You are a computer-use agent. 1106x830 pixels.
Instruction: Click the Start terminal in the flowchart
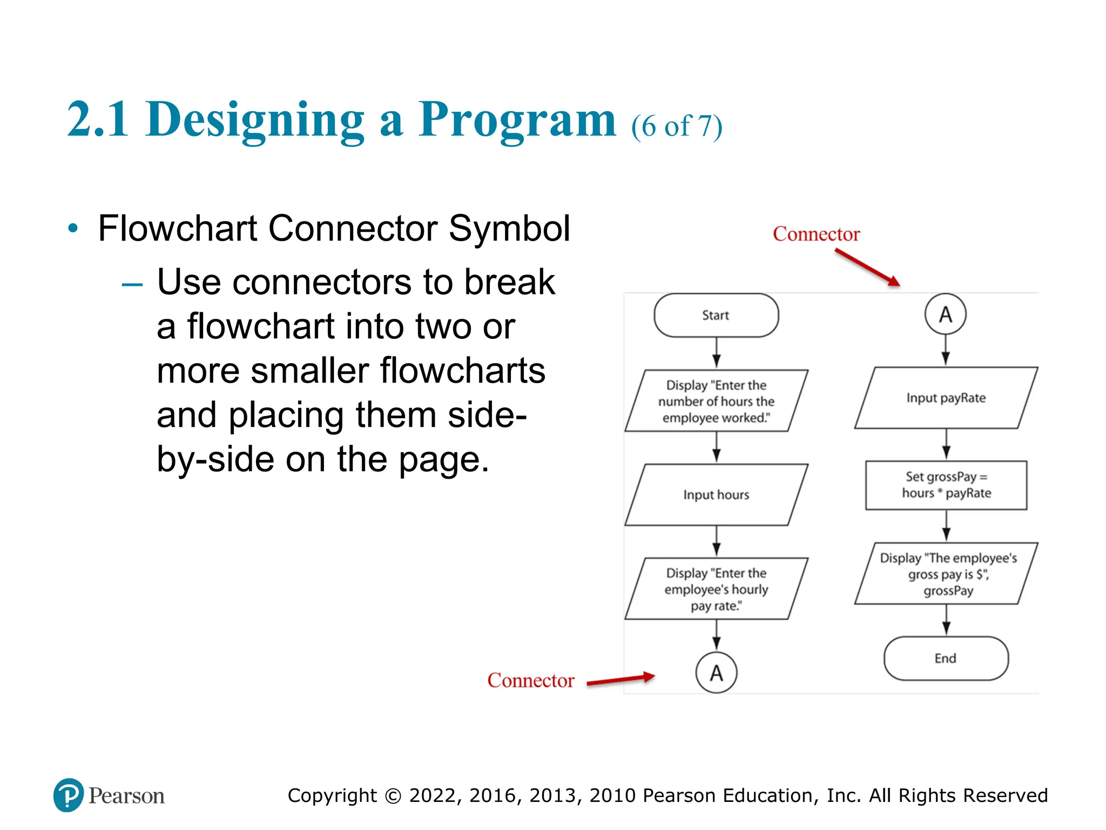click(716, 315)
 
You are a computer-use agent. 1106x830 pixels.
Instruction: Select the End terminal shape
click(946, 658)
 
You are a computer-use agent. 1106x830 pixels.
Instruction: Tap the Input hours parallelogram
click(716, 494)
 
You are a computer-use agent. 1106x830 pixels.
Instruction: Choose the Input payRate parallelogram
click(946, 398)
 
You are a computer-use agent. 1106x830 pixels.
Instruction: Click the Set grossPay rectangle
click(946, 485)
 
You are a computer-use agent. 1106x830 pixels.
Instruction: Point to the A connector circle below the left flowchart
click(716, 673)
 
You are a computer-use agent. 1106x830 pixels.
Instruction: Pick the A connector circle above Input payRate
click(945, 314)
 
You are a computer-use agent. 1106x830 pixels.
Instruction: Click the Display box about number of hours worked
click(716, 401)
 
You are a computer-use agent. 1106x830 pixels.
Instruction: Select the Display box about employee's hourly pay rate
click(716, 589)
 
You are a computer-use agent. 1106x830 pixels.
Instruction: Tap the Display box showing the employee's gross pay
click(947, 574)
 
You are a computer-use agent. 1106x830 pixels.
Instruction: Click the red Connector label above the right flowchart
click(816, 234)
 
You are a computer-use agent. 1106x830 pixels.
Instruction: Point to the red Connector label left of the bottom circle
click(530, 680)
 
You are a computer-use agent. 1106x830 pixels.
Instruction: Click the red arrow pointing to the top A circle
click(867, 267)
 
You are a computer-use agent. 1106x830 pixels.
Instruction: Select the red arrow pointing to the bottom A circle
click(621, 680)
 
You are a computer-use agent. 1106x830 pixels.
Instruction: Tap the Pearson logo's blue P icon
click(69, 795)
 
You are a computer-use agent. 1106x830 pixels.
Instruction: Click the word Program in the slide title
click(517, 120)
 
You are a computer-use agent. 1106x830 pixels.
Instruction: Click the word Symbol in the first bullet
click(509, 228)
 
